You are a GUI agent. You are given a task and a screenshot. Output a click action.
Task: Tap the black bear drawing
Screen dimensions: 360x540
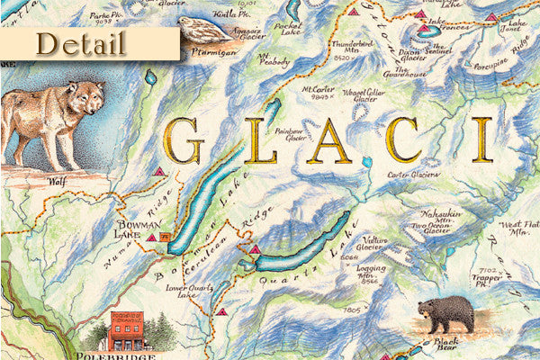[445, 315]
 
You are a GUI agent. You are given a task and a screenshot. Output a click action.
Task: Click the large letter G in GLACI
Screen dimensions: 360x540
[184, 140]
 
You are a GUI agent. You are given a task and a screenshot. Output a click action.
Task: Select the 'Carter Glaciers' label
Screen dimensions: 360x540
[413, 173]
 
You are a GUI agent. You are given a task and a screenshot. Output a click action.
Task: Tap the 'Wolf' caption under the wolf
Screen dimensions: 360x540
[58, 180]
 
